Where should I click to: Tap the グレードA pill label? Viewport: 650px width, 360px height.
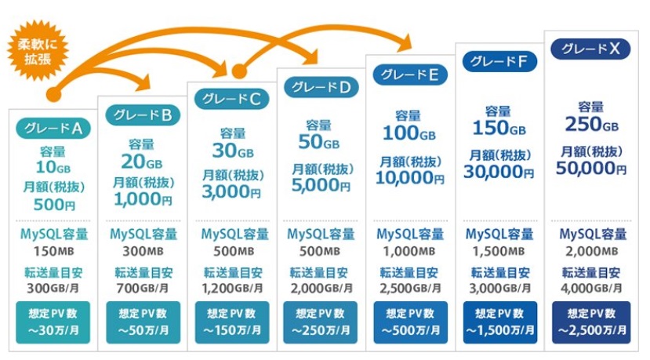(53, 129)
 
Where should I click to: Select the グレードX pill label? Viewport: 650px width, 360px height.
(590, 49)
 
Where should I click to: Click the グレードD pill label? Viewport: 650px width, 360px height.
(321, 87)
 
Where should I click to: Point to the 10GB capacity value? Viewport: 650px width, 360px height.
(53, 167)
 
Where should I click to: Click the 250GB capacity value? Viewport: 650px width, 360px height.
(591, 125)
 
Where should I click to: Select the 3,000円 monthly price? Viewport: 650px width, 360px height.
(231, 191)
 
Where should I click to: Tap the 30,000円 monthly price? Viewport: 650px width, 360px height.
(499, 172)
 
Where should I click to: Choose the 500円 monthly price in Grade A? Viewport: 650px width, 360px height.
(54, 205)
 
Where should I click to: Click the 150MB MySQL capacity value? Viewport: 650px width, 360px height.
(54, 251)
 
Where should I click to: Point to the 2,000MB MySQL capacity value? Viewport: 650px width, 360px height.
(591, 251)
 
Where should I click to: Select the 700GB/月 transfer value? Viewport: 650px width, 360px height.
(143, 288)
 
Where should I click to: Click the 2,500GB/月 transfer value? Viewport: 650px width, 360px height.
(410, 288)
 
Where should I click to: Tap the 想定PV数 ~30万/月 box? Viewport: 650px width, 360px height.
(53, 322)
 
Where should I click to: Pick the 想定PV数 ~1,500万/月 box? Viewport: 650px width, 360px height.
(500, 322)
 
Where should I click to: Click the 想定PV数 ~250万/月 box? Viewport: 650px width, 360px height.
(321, 322)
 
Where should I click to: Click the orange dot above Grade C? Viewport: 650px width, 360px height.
(239, 71)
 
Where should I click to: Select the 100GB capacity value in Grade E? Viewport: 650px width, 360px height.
(409, 133)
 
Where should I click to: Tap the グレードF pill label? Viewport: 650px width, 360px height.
(499, 62)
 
